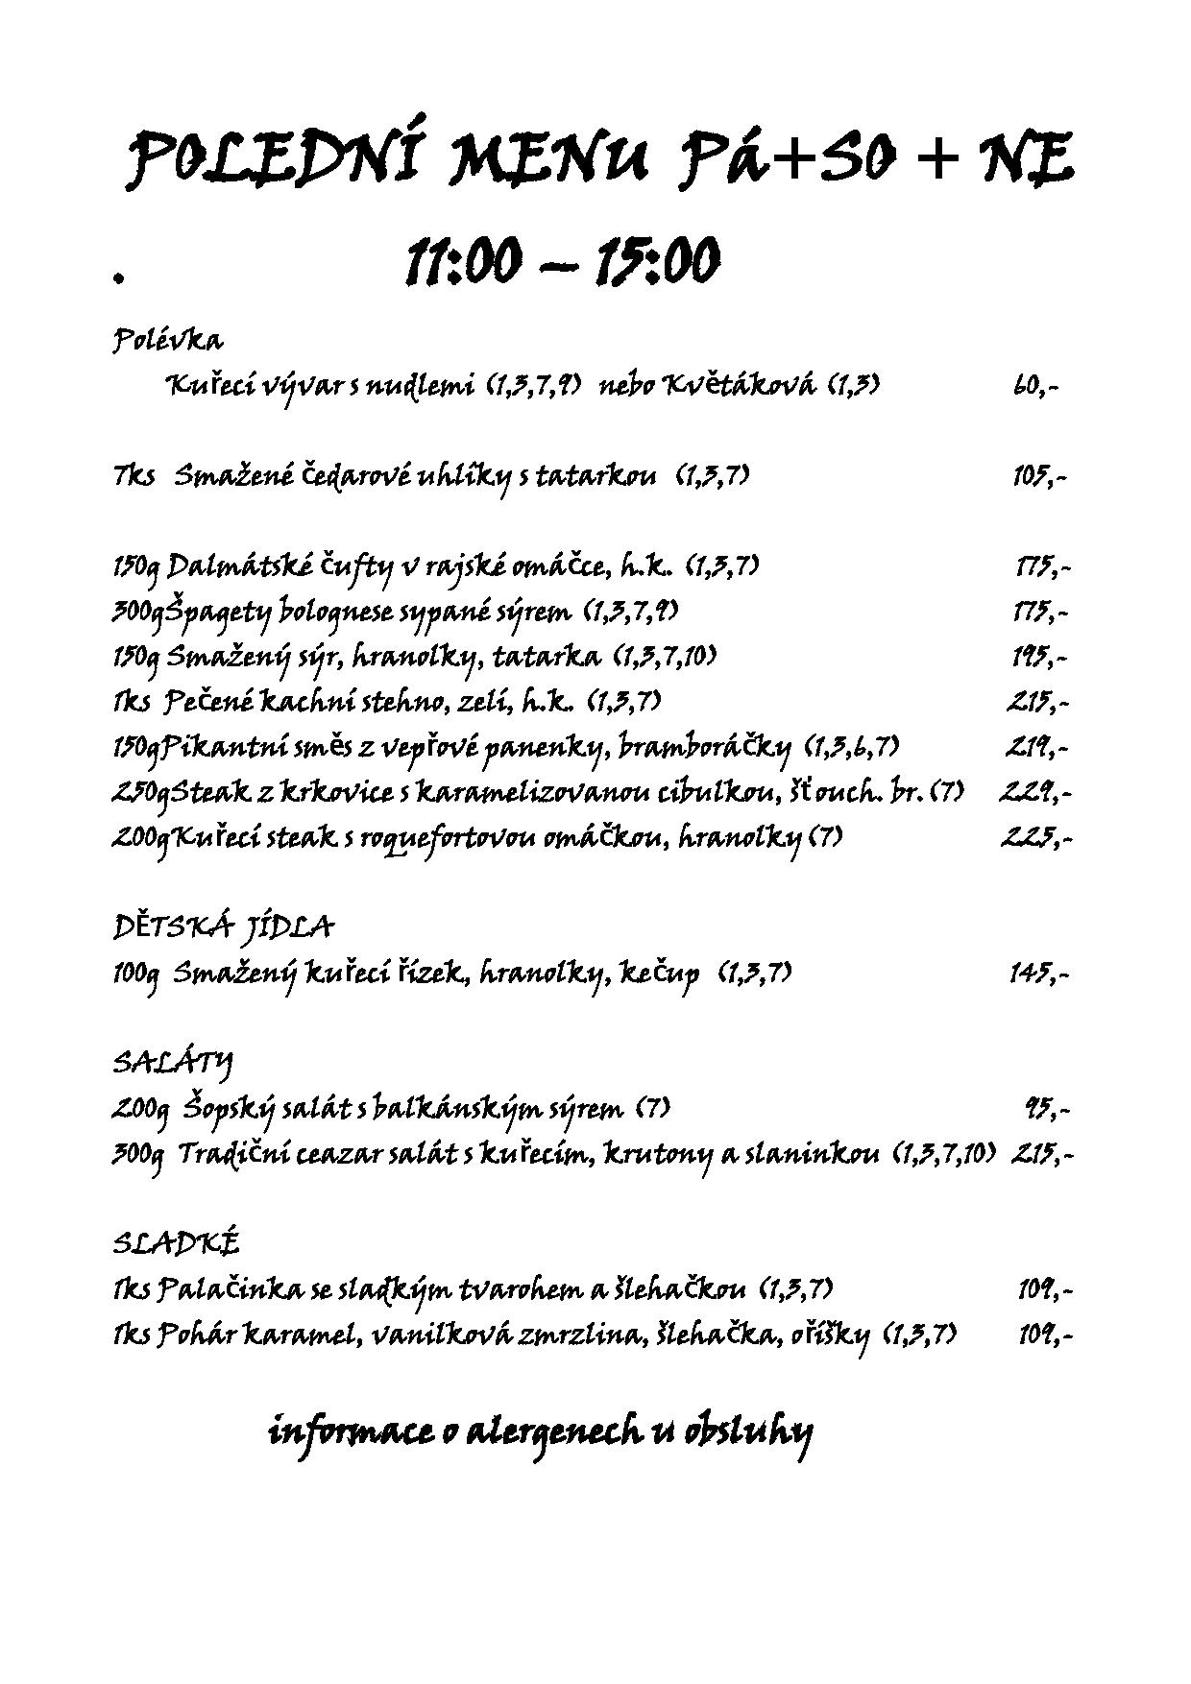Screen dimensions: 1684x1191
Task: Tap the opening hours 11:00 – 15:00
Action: point(562,261)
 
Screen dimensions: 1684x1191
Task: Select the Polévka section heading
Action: point(168,340)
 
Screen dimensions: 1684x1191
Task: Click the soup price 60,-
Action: point(1035,386)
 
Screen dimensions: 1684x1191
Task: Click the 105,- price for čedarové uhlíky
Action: point(1038,476)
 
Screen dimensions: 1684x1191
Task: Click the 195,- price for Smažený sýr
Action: point(1040,657)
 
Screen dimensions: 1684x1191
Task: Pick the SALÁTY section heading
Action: point(173,1062)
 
